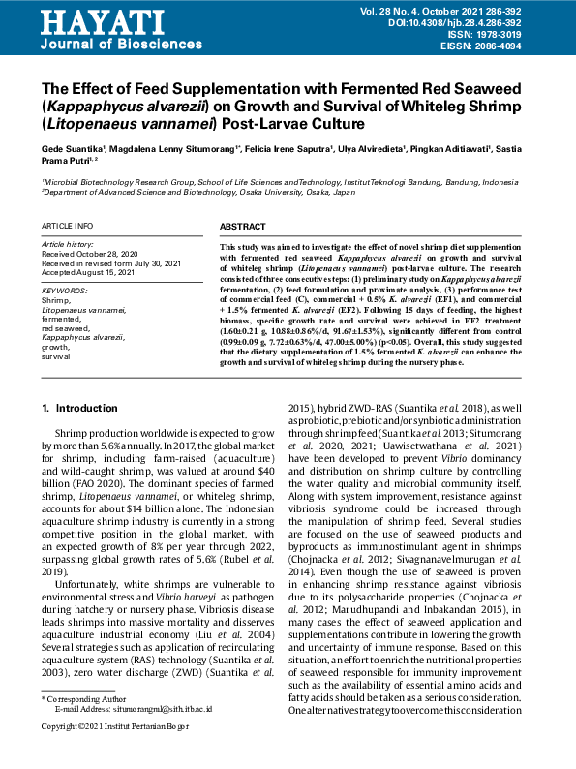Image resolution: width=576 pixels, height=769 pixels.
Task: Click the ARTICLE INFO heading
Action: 68,226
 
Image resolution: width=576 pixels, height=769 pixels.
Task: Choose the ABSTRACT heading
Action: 243,226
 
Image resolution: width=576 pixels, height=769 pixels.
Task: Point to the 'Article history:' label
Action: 66,245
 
